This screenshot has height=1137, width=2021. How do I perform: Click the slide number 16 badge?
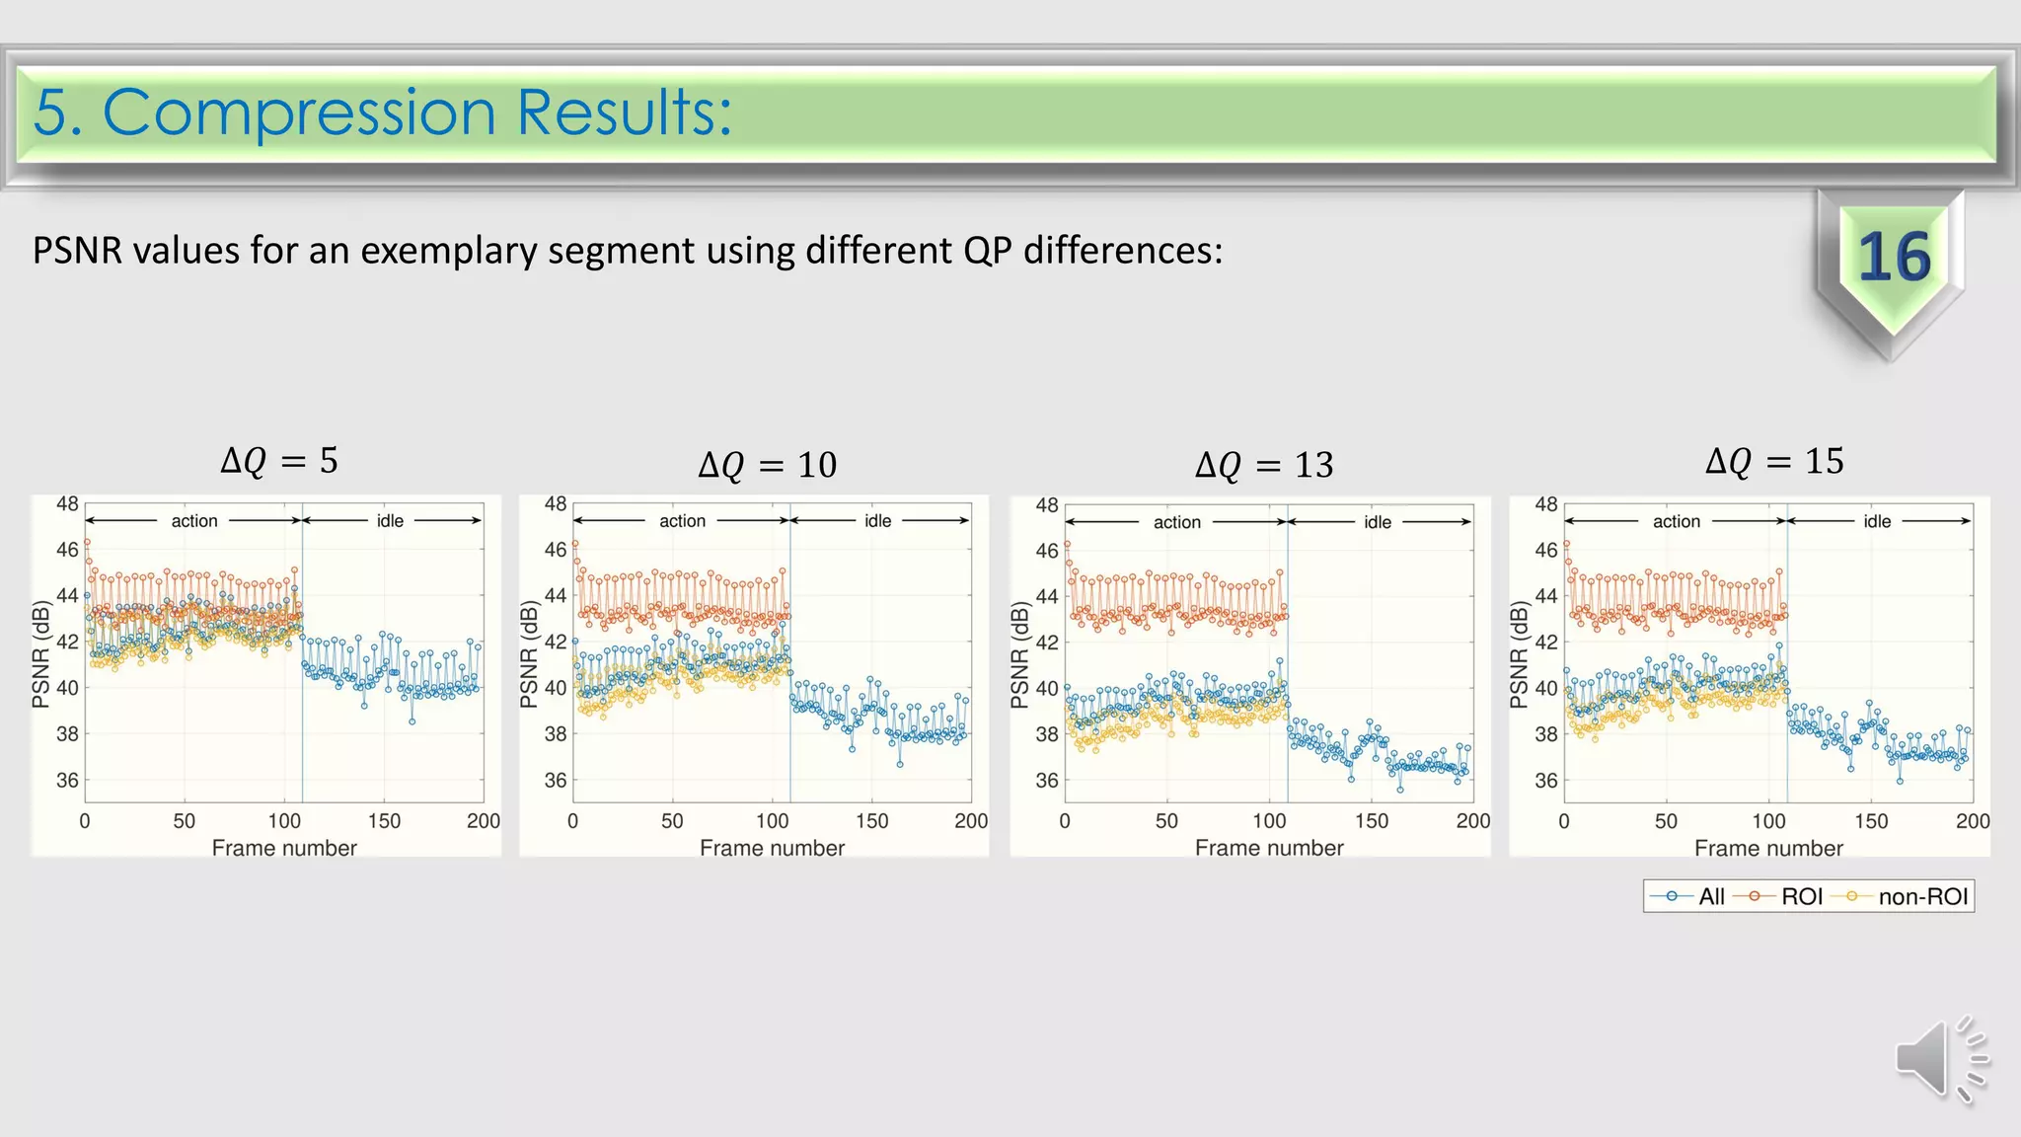point(1893,258)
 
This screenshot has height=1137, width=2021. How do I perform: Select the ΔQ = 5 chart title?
point(279,460)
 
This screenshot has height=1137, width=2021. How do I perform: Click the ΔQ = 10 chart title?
point(767,464)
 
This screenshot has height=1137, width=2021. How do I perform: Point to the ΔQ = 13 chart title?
point(1264,464)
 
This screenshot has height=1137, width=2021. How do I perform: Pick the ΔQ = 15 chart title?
point(1774,460)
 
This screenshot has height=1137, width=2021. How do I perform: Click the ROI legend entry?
point(1801,896)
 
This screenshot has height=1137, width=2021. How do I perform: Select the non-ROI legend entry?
point(1922,896)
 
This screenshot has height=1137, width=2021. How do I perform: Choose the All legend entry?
point(1710,896)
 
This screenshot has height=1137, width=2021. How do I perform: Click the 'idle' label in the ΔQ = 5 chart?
point(390,520)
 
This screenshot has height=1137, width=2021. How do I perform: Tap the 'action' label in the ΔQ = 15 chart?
point(1677,521)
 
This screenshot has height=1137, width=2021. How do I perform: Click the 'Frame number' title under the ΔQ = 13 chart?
point(1269,848)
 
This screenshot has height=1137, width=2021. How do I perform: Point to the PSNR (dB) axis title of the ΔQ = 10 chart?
point(529,655)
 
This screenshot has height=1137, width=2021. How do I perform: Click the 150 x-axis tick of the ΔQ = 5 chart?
point(384,821)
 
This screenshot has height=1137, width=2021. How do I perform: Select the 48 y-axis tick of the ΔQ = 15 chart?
point(1546,504)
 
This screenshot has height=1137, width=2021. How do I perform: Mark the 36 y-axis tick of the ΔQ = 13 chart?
point(1047,780)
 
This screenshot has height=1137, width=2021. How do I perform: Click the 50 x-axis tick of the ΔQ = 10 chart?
point(672,821)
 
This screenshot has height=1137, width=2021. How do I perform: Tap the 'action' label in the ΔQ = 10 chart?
point(682,520)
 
